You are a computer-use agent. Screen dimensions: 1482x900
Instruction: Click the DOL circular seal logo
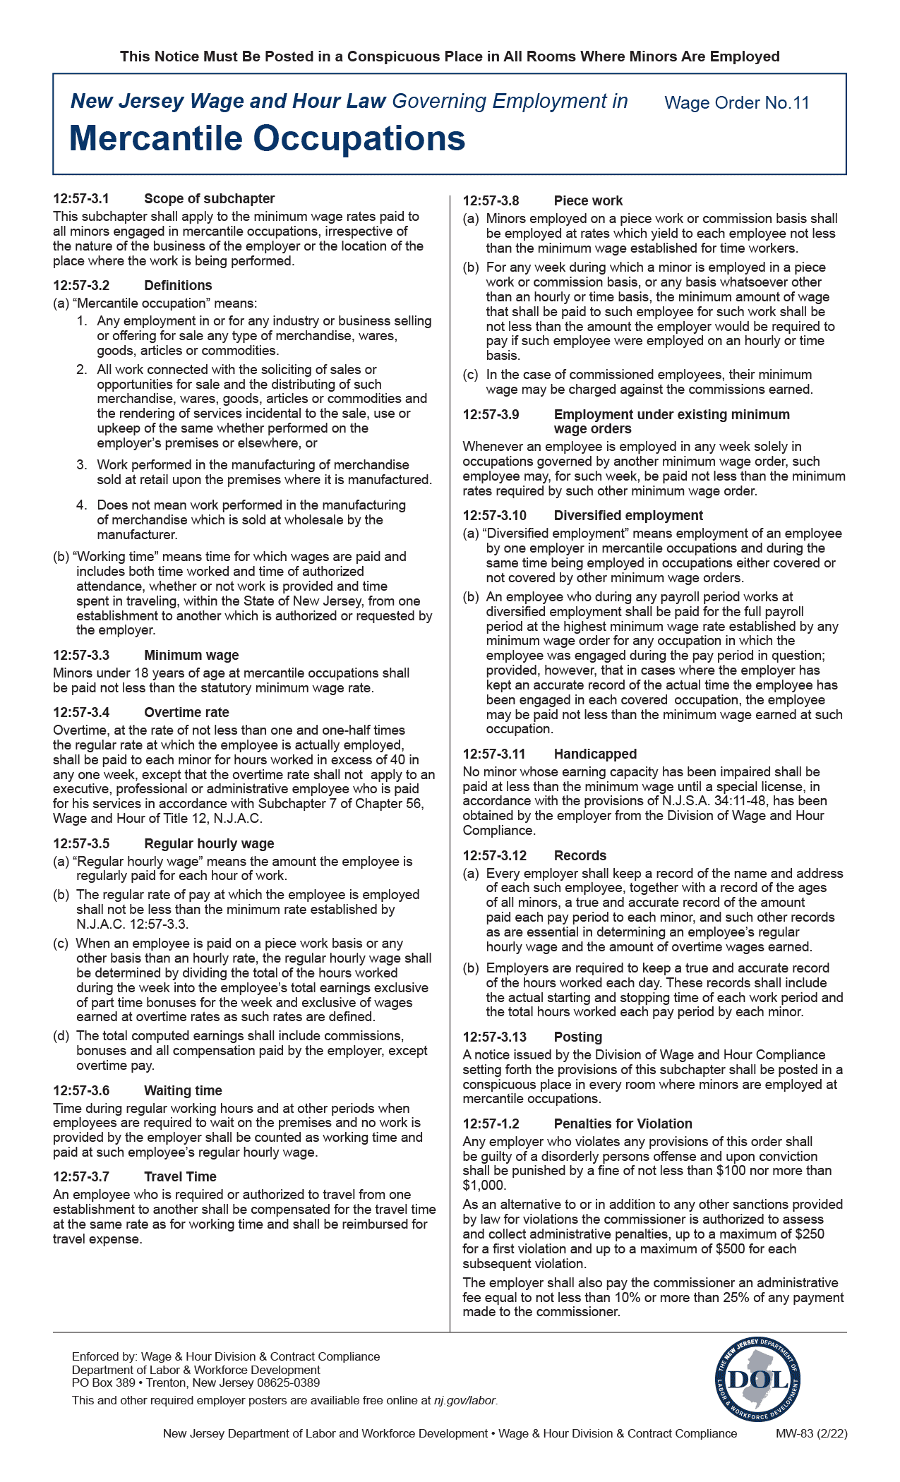[757, 1379]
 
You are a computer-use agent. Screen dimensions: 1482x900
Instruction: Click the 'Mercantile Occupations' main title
[267, 138]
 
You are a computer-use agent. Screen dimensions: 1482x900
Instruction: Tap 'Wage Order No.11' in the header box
[736, 103]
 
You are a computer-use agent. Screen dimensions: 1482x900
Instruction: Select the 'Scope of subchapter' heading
[209, 199]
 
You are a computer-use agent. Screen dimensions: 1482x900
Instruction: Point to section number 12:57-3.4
[81, 712]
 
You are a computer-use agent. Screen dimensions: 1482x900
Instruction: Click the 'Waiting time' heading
[183, 1090]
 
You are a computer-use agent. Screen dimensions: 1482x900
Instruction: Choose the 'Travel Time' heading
[180, 1176]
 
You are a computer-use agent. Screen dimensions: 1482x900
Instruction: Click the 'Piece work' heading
[588, 200]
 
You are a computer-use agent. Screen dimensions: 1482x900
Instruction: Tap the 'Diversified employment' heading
[628, 515]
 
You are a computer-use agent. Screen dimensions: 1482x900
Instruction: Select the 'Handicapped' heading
[595, 754]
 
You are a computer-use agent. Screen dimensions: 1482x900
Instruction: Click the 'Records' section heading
[580, 855]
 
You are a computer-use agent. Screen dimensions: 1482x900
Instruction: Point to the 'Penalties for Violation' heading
[623, 1123]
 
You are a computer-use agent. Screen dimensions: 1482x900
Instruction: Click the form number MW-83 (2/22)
[811, 1433]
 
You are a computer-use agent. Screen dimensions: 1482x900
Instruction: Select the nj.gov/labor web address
[465, 1400]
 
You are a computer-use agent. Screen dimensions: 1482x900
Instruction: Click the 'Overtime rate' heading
[186, 712]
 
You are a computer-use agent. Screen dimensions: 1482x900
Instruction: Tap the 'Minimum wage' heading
[191, 655]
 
